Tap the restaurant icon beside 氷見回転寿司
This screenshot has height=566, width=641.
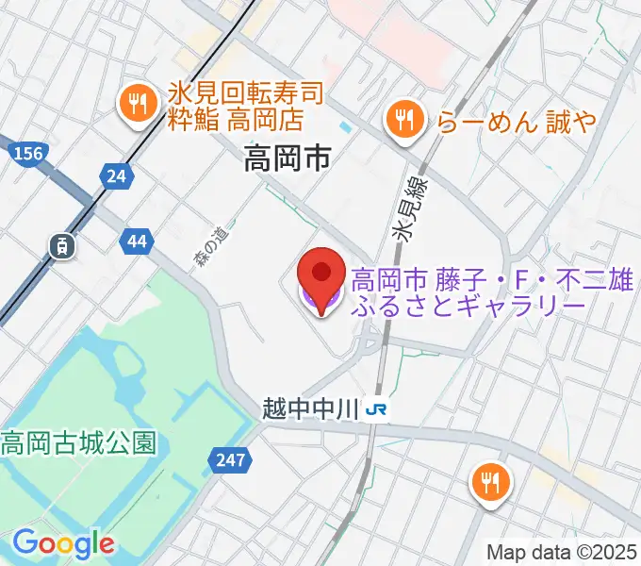139,105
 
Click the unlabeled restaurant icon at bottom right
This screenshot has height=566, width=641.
491,483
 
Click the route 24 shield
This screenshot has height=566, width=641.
116,175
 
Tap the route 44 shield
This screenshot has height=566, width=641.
136,241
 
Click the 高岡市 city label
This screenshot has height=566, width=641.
287,157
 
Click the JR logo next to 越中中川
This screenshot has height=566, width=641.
375,409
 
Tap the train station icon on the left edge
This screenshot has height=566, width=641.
61,247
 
